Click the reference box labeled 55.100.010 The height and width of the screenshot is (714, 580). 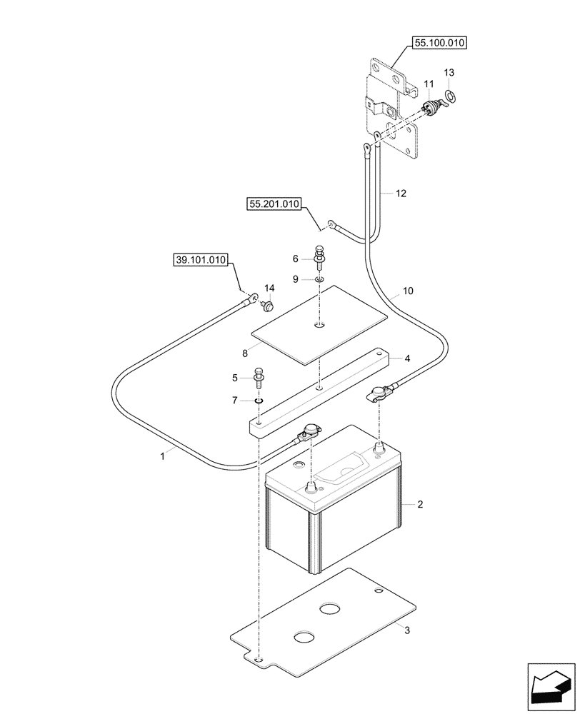(x=439, y=44)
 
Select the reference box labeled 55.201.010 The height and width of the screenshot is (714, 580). (x=275, y=204)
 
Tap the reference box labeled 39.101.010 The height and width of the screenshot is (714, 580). (x=201, y=260)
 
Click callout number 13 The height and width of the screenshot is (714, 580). (x=449, y=73)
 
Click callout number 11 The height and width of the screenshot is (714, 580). (x=429, y=85)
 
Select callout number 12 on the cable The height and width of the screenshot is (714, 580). (x=401, y=193)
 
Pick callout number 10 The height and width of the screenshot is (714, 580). (x=408, y=291)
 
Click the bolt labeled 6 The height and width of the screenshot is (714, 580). (x=319, y=255)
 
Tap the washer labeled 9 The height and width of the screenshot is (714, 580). (x=319, y=278)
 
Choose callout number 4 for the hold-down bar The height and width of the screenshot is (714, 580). (x=407, y=358)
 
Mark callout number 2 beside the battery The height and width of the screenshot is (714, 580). (x=420, y=504)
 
